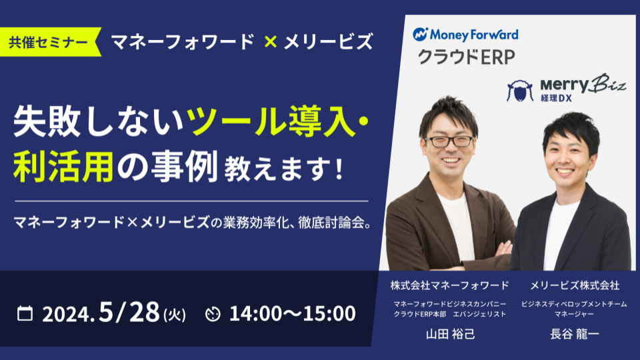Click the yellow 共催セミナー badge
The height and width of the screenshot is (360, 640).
click(49, 42)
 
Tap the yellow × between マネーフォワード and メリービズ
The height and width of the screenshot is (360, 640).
click(270, 41)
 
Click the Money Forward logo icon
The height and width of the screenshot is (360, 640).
click(420, 35)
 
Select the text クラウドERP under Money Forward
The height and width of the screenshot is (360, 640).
click(466, 57)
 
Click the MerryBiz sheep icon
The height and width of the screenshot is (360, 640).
click(519, 91)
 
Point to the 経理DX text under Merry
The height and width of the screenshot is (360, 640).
click(556, 99)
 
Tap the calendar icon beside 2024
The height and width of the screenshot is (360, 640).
click(25, 313)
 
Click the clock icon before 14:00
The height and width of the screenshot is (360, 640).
click(213, 314)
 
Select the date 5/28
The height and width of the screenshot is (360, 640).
click(129, 312)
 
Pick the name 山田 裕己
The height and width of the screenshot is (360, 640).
click(450, 334)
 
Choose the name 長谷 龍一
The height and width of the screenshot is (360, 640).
click(574, 334)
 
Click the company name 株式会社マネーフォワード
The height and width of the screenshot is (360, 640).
click(449, 285)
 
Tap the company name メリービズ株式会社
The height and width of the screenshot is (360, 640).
click(574, 285)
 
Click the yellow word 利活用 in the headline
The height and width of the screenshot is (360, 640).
click(63, 167)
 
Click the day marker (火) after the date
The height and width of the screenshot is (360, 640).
click(174, 315)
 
